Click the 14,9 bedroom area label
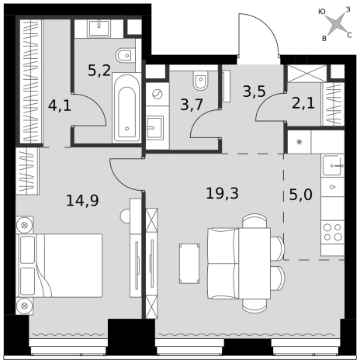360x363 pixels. pyautogui.click(x=82, y=200)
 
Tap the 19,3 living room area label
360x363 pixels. pyautogui.click(x=222, y=193)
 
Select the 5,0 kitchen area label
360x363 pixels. pyautogui.click(x=300, y=195)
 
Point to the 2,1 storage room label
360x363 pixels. pyautogui.click(x=303, y=103)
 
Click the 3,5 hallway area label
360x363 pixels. pyautogui.click(x=254, y=92)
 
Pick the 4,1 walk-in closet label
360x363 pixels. pyautogui.click(x=60, y=105)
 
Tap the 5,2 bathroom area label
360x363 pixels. pyautogui.click(x=99, y=71)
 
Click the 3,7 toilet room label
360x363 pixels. pyautogui.click(x=192, y=105)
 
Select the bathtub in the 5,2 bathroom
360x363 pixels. pyautogui.click(x=126, y=108)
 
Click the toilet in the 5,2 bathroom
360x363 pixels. pyautogui.click(x=126, y=55)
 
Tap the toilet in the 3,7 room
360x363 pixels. pyautogui.click(x=200, y=79)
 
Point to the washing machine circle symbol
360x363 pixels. pyautogui.click(x=157, y=95)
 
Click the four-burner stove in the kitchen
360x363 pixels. pyautogui.click(x=333, y=232)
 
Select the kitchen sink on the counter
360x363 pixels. pyautogui.click(x=333, y=165)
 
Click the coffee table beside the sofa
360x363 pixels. pyautogui.click(x=189, y=264)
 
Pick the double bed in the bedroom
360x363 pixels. pyautogui.click(x=59, y=265)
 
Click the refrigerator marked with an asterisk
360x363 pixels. pyautogui.click(x=299, y=142)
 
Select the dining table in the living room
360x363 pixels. pyautogui.click(x=254, y=263)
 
